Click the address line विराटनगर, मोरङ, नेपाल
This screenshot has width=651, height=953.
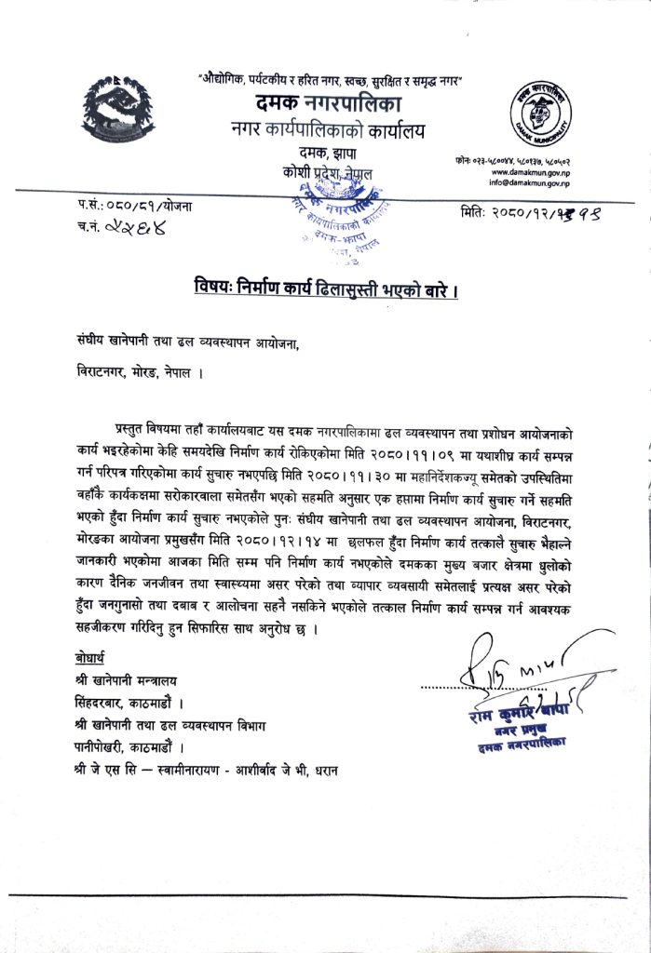click(x=137, y=369)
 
